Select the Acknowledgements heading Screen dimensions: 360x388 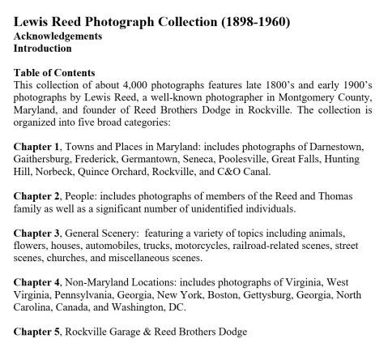[x=57, y=36]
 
